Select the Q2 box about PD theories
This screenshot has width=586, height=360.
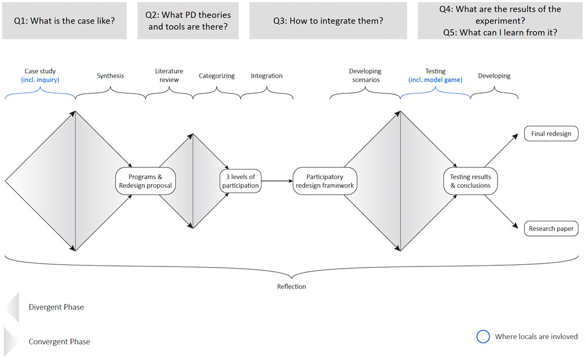(x=188, y=21)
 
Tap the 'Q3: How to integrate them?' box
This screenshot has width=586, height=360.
(x=328, y=21)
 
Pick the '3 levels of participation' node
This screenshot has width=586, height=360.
(x=240, y=181)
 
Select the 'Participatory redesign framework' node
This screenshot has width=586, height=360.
(x=325, y=181)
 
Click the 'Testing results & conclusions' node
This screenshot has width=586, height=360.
(x=470, y=181)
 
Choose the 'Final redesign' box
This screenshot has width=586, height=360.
(x=551, y=134)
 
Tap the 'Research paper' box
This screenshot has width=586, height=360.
(x=551, y=229)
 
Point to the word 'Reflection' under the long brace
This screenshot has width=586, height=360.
(x=291, y=287)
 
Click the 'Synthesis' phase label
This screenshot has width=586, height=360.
(x=110, y=75)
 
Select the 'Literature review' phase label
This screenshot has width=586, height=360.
(x=169, y=75)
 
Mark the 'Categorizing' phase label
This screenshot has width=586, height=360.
(x=216, y=75)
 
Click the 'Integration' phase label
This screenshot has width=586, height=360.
(x=267, y=75)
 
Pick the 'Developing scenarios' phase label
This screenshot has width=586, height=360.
(x=365, y=75)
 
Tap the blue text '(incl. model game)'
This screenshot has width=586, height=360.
(x=435, y=80)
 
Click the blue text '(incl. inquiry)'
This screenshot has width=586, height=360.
(x=40, y=80)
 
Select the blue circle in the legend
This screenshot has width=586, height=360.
(x=483, y=336)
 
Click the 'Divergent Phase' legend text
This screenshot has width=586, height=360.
(x=56, y=307)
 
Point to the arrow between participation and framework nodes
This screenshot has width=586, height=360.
(x=277, y=181)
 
